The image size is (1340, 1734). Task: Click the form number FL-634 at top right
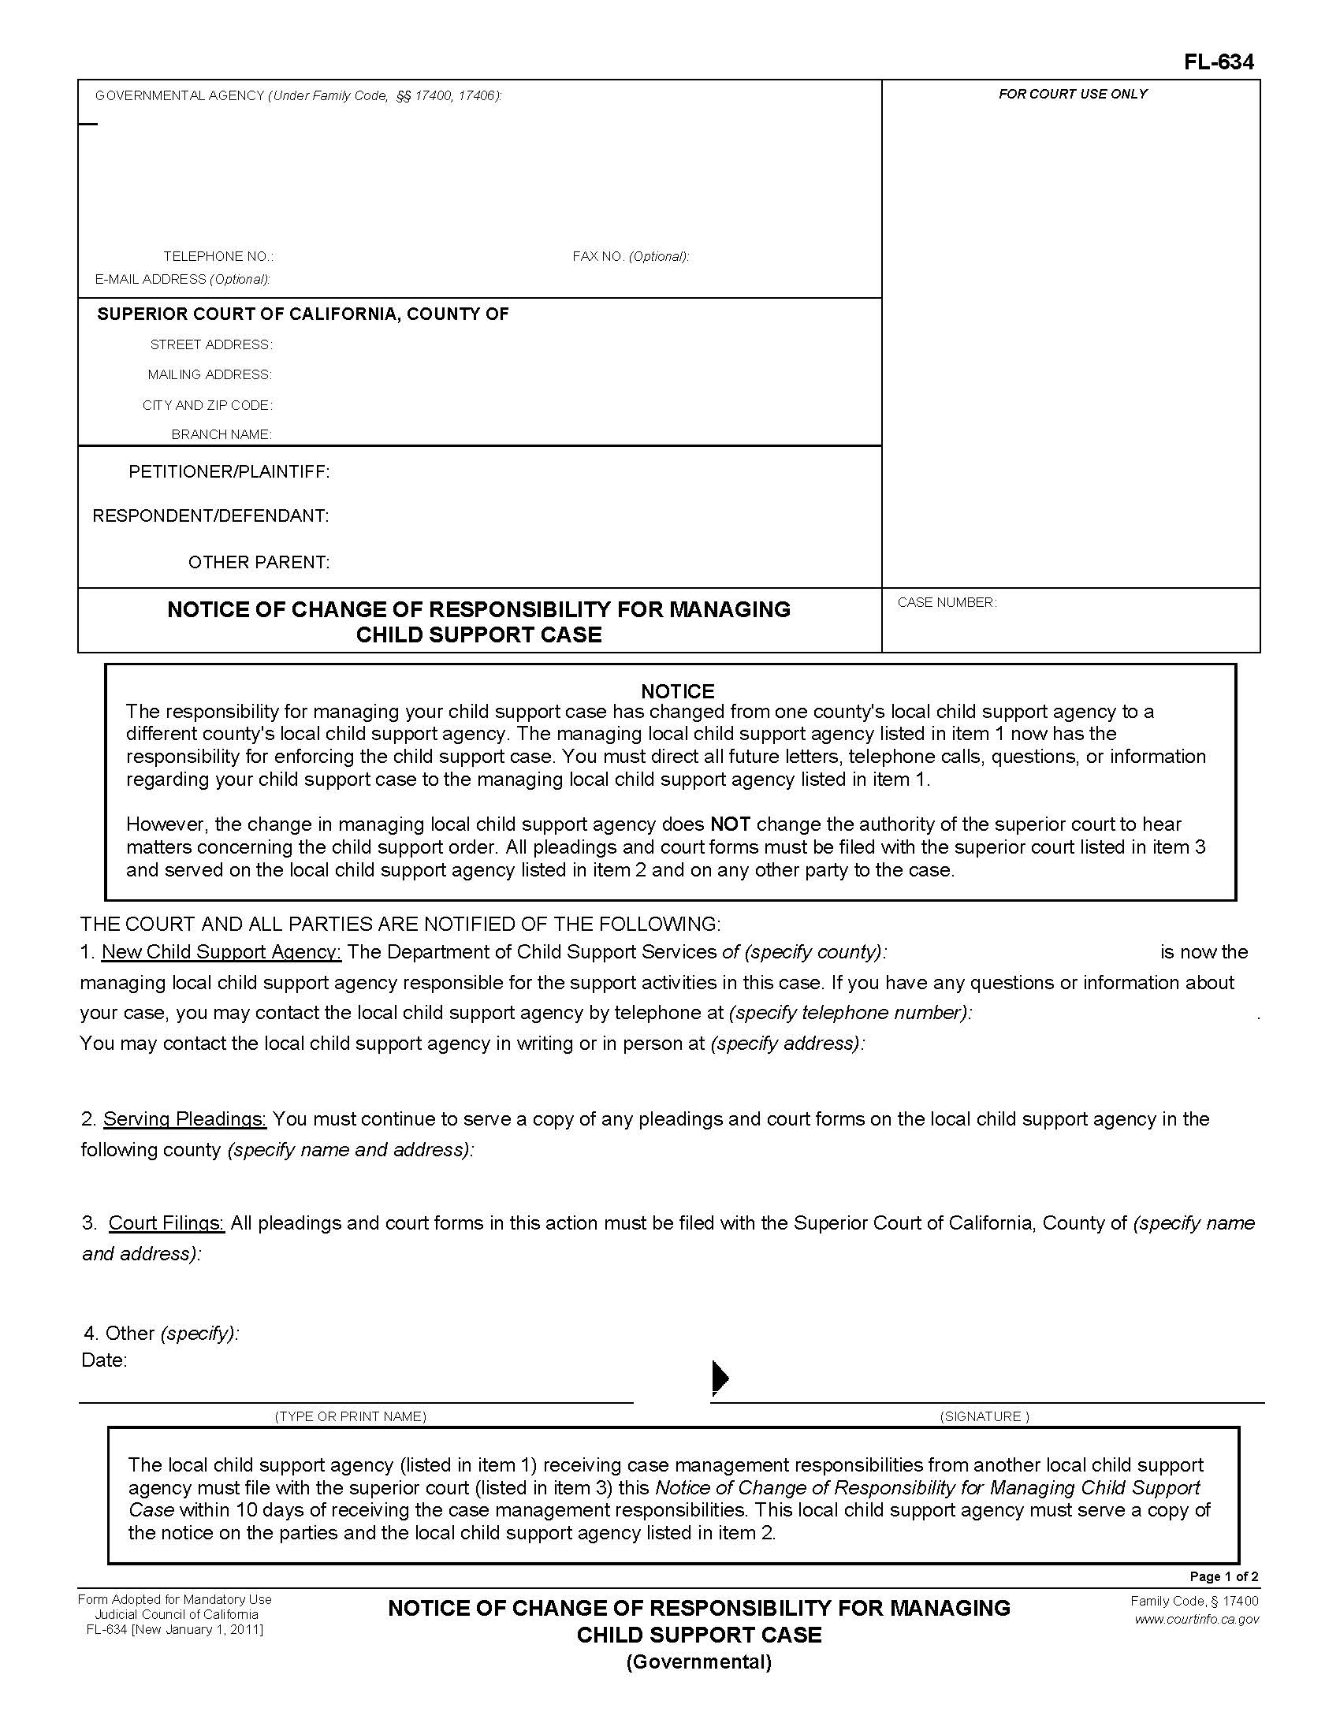(1219, 62)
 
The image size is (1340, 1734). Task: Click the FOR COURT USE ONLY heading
(1073, 94)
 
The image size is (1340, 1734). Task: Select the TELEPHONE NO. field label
(218, 256)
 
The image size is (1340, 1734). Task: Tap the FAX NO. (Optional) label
(631, 256)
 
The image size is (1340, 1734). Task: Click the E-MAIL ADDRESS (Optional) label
(183, 280)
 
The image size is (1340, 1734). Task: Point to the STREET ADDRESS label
(211, 344)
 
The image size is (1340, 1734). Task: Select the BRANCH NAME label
(221, 434)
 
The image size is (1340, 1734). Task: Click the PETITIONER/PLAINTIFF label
(229, 472)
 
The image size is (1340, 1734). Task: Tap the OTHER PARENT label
(258, 562)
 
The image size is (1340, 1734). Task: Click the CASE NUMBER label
(946, 603)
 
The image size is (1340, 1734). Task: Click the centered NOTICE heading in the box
(677, 690)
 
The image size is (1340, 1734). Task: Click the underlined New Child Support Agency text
(221, 952)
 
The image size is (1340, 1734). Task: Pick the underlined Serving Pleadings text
(185, 1119)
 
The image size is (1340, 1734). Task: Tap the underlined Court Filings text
(166, 1223)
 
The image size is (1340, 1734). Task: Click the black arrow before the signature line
(720, 1378)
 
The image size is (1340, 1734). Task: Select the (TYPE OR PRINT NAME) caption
(350, 1416)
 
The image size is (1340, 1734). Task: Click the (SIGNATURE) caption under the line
(985, 1416)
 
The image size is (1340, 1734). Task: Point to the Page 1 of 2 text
(1223, 1577)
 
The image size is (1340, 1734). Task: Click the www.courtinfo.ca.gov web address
(1197, 1620)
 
